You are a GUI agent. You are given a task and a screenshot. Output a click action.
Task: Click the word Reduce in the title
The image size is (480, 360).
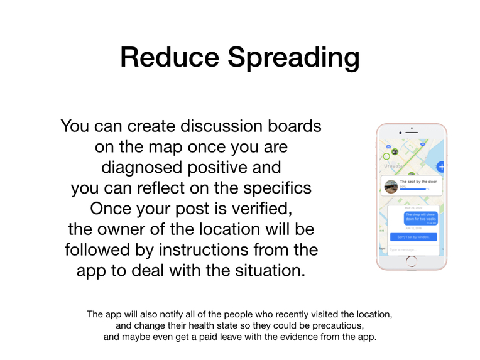point(170,57)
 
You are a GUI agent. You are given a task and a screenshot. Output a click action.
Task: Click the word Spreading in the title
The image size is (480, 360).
point(293,58)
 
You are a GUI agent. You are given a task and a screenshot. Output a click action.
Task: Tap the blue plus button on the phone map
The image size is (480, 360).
point(441,166)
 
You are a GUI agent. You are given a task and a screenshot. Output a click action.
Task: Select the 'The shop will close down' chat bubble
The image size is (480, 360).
point(420,217)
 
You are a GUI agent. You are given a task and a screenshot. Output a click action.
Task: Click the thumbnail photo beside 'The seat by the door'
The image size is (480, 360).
point(391,187)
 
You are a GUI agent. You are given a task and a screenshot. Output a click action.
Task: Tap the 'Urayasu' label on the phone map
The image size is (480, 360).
point(393,166)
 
